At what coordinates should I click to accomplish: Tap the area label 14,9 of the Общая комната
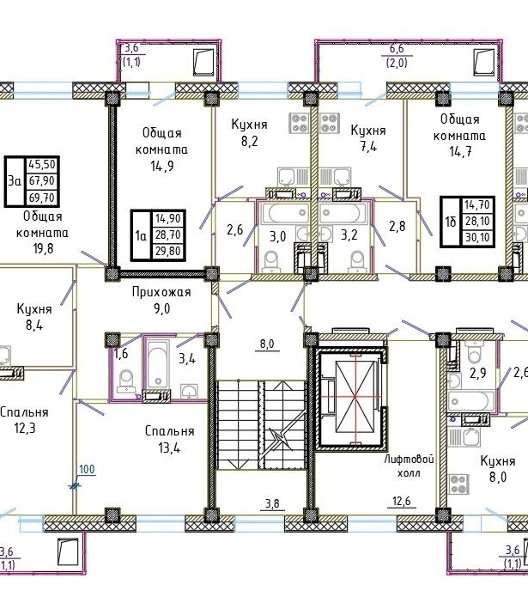tap(162, 167)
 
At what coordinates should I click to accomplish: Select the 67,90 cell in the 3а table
tap(42, 181)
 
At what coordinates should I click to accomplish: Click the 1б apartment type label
tap(451, 222)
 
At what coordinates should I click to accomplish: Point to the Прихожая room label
tap(161, 292)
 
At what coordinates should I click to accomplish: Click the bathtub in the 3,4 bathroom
tap(158, 364)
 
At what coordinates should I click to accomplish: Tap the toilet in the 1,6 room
tap(126, 381)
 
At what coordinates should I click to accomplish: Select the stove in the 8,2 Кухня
tap(299, 123)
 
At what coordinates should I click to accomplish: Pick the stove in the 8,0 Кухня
tap(458, 484)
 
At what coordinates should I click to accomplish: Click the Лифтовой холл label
tap(409, 466)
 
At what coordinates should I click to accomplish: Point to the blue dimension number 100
tap(87, 469)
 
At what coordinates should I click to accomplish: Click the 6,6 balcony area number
tap(397, 49)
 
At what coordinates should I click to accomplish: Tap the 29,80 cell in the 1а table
tap(167, 252)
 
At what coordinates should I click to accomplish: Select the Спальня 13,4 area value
tap(169, 448)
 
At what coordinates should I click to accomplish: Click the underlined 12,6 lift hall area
tap(402, 502)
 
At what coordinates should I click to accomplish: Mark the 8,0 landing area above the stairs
tap(267, 344)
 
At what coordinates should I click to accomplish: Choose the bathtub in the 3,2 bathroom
tap(343, 213)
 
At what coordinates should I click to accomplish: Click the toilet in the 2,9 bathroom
tap(475, 352)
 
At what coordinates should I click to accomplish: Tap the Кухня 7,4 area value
tap(368, 147)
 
